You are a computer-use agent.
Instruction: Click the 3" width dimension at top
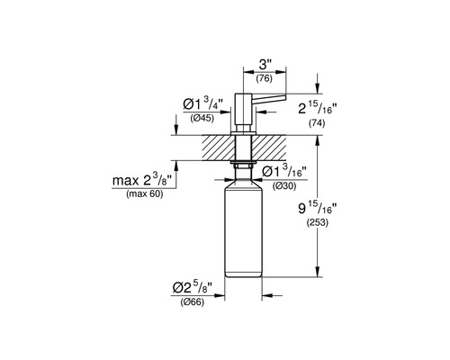265,65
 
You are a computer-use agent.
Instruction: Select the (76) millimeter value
265,78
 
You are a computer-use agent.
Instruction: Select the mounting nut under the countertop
243,166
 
